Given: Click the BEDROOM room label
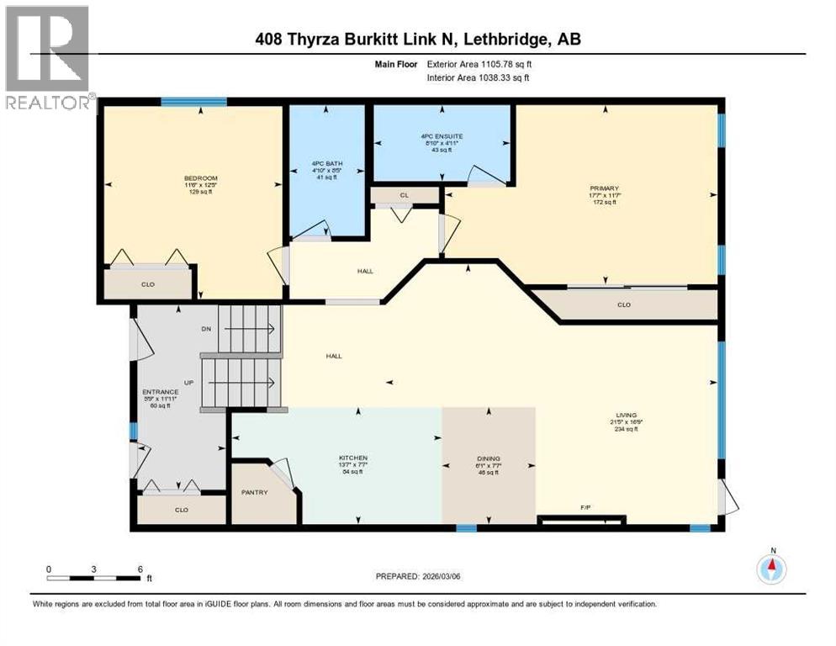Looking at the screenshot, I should [x=201, y=177].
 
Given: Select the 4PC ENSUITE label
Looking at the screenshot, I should [x=442, y=135].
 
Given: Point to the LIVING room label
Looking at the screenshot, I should [x=625, y=415].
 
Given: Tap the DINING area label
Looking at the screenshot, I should [x=488, y=458].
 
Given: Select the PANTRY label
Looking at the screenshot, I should [x=254, y=492].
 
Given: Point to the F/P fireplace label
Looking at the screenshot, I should [x=586, y=507].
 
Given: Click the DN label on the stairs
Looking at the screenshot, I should [x=206, y=329].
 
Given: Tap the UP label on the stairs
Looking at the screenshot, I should [x=189, y=382].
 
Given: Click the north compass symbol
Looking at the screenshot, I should [x=770, y=569].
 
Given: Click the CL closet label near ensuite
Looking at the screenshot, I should [x=405, y=195].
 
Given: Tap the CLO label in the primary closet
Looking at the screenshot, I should [x=623, y=304].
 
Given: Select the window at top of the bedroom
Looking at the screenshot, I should [x=193, y=102].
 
